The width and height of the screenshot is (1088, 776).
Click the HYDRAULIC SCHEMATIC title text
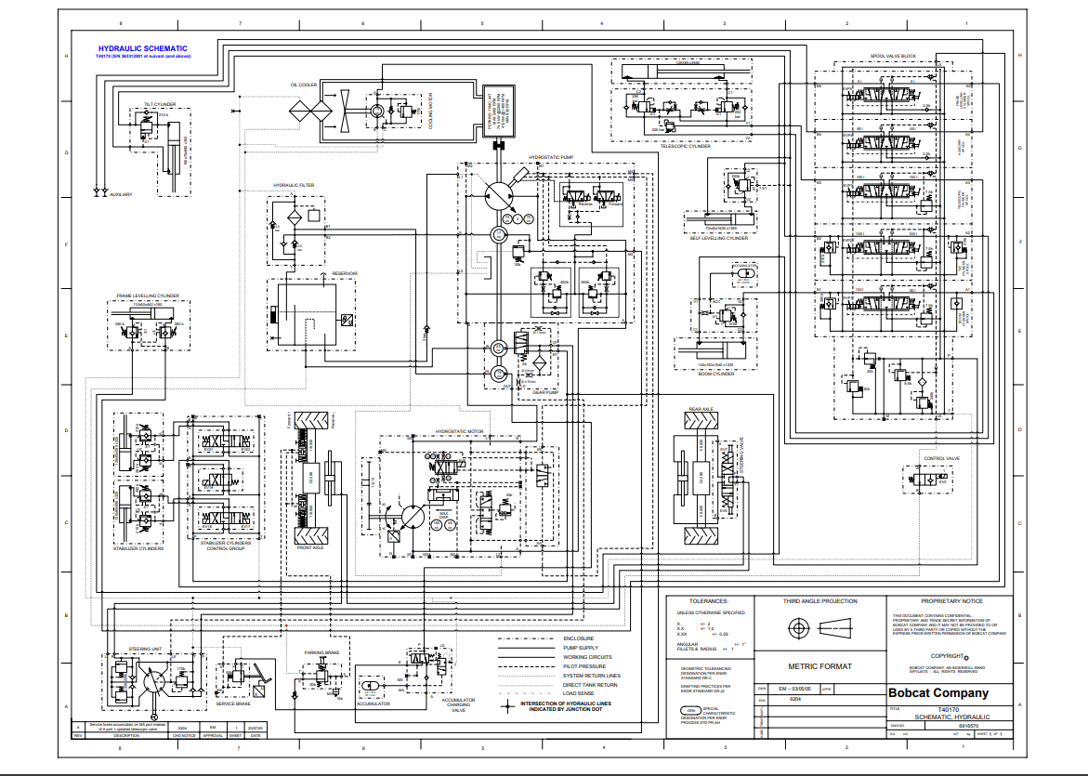click(143, 48)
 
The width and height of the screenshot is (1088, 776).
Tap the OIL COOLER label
click(304, 85)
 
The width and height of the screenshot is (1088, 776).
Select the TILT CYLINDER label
click(160, 104)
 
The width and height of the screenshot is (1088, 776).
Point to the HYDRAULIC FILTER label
click(294, 186)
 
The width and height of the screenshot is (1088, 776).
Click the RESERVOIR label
click(346, 273)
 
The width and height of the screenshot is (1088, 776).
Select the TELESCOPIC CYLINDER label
click(686, 146)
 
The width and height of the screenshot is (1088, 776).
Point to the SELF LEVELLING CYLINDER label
click(718, 238)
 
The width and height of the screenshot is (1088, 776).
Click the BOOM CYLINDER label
click(716, 375)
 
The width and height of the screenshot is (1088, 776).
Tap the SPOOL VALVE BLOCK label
click(893, 57)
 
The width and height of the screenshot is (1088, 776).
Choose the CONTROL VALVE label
click(941, 458)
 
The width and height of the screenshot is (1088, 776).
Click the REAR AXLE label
click(701, 409)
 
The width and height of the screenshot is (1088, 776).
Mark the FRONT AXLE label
click(311, 548)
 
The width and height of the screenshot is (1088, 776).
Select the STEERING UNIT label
click(146, 647)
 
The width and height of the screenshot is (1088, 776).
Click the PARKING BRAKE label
click(321, 652)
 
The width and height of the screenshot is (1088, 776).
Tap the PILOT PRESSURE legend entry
click(584, 666)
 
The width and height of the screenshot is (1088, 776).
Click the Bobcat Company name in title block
click(938, 693)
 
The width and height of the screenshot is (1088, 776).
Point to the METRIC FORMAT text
click(820, 666)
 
